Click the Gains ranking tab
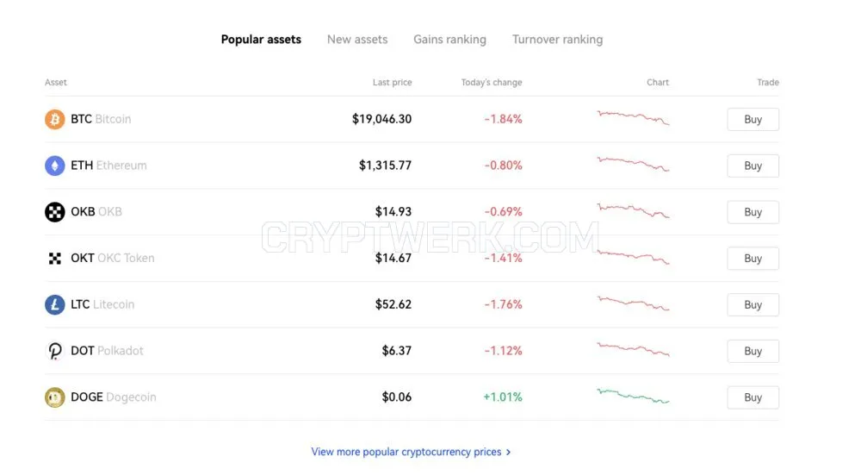coord(449,40)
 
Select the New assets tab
coord(357,40)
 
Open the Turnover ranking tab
coord(557,40)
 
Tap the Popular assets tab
coord(261,40)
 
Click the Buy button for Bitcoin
coord(753,119)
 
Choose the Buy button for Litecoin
coord(753,304)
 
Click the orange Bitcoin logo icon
coord(55,119)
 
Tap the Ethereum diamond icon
coord(55,166)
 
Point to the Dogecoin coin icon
coord(55,397)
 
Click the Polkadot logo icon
coord(55,351)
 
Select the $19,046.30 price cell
coord(381,119)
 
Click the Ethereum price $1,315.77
coord(385,166)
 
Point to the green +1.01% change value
coord(503,397)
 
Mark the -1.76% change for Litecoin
coord(503,304)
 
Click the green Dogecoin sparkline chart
coord(633,396)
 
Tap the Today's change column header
coord(492,83)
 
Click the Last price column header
coord(392,83)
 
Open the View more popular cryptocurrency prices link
coord(411,452)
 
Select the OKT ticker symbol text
coord(83,258)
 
